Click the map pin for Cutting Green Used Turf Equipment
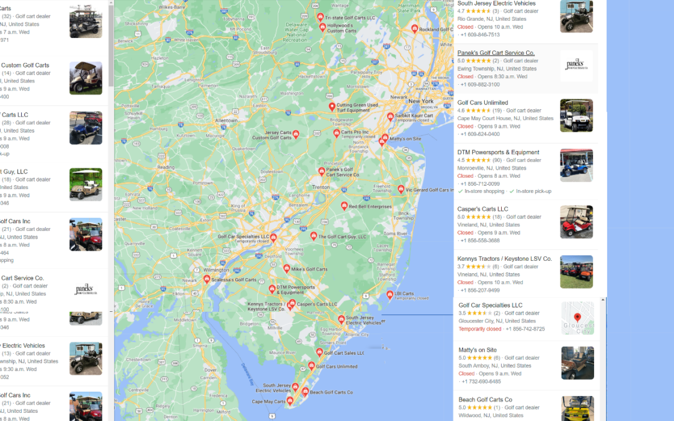tap(332, 107)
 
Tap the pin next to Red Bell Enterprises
tap(344, 205)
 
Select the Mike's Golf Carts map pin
tap(286, 268)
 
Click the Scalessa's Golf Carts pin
tap(207, 279)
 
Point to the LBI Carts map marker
tap(390, 294)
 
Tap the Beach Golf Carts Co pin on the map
tap(305, 391)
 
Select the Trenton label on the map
tap(321, 187)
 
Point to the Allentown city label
tap(226, 120)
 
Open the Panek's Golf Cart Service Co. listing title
tap(496, 53)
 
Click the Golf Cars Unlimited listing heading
tap(482, 103)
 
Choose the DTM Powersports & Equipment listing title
tap(498, 152)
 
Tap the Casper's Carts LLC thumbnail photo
tap(576, 221)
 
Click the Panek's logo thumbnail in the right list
tap(576, 65)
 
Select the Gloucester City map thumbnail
tap(577, 318)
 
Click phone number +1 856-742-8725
tap(525, 329)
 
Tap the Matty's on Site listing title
tap(477, 350)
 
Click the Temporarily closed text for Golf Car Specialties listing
tap(479, 329)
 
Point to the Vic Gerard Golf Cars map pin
tap(401, 188)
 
